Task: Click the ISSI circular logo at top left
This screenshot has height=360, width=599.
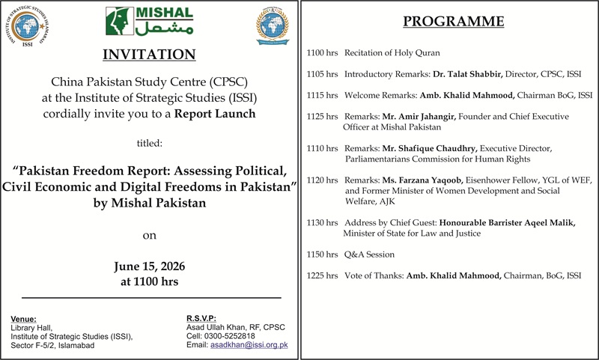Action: [x=27, y=26]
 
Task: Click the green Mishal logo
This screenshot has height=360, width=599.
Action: [x=149, y=22]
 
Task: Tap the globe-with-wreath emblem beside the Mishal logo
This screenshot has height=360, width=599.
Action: [x=273, y=25]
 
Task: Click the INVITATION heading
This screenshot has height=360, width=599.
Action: [x=149, y=54]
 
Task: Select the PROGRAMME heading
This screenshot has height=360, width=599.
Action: [x=454, y=21]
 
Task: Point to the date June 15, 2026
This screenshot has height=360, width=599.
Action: [x=149, y=266]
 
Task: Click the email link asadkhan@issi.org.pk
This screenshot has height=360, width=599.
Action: [x=249, y=345]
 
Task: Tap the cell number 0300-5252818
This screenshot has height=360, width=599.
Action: [x=230, y=336]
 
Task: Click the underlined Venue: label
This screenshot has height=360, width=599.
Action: [x=23, y=319]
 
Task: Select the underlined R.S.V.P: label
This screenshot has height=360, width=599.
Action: [x=201, y=318]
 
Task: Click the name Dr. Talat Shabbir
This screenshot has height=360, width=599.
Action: [x=467, y=74]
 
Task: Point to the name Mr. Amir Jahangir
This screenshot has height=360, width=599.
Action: [x=419, y=117]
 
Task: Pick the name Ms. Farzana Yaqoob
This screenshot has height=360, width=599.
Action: [x=423, y=180]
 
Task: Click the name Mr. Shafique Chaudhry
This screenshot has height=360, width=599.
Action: [x=430, y=148]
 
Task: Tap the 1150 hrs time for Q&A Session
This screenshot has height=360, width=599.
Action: [x=322, y=254]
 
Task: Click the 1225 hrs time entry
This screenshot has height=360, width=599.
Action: [x=322, y=275]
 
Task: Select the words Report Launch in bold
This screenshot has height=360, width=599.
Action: [x=215, y=114]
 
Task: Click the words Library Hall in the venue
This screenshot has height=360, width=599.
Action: [x=31, y=328]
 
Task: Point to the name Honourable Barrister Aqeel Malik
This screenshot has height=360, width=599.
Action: [x=508, y=222]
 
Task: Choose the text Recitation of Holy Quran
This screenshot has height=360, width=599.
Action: [x=392, y=52]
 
